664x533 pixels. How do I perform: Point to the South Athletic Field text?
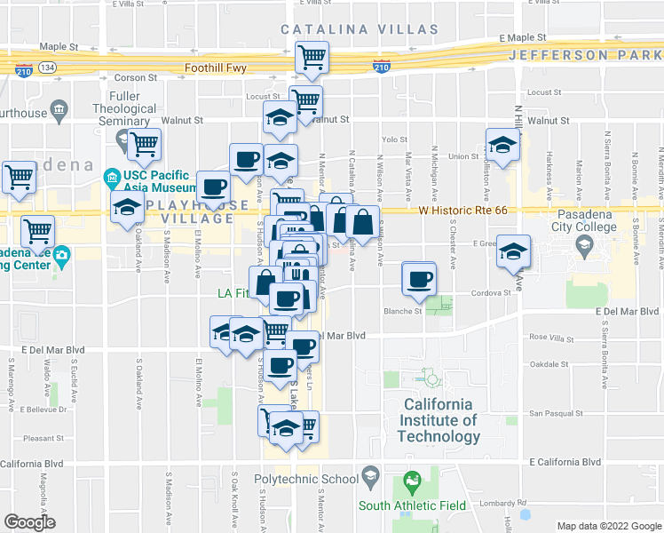[x=413, y=505]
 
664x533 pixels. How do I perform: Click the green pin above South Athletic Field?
[x=412, y=483]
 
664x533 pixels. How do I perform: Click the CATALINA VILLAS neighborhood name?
[x=359, y=29]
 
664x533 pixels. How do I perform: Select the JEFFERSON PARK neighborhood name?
[x=585, y=55]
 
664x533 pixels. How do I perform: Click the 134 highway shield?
[x=46, y=68]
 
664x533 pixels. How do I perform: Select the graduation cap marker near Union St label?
[x=502, y=147]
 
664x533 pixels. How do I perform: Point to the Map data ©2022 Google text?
[x=609, y=526]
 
